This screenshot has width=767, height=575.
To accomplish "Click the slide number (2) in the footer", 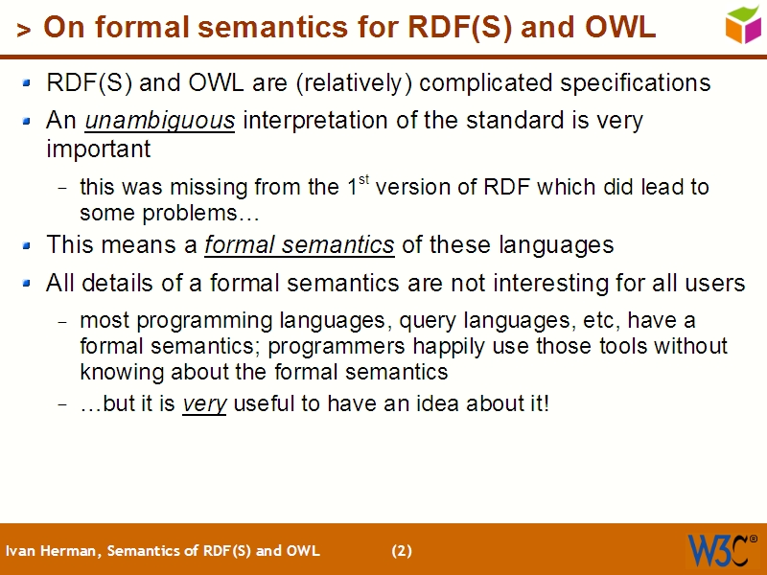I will (402, 551).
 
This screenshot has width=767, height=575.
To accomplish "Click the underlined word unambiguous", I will (160, 121).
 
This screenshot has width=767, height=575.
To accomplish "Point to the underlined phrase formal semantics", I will (299, 245).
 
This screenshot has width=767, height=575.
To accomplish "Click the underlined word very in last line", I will (204, 403).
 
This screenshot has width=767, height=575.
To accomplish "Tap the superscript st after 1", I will (363, 179).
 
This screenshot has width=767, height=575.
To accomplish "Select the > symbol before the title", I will (24, 31).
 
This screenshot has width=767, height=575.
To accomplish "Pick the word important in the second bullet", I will (99, 150).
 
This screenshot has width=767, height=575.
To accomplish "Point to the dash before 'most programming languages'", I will (62, 321).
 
